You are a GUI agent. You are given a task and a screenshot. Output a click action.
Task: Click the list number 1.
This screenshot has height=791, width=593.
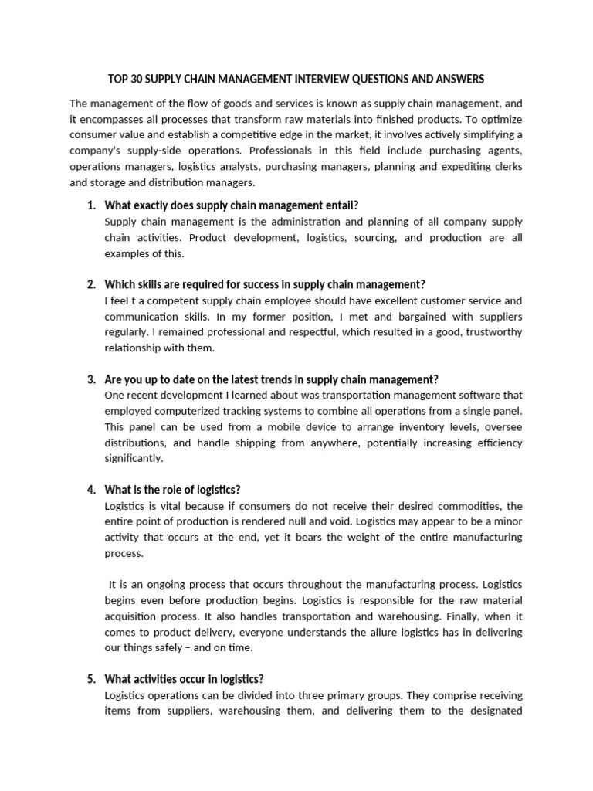[x=90, y=205]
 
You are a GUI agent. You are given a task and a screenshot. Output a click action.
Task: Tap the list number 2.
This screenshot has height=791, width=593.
[x=90, y=284]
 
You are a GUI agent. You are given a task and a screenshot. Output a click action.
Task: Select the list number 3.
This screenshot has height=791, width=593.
[x=90, y=379]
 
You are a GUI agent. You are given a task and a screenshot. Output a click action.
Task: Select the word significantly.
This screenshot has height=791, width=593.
[x=134, y=458]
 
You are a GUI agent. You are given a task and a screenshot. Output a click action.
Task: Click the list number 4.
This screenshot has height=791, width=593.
[x=90, y=490]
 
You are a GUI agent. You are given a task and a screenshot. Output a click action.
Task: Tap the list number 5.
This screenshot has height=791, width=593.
[x=90, y=680]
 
